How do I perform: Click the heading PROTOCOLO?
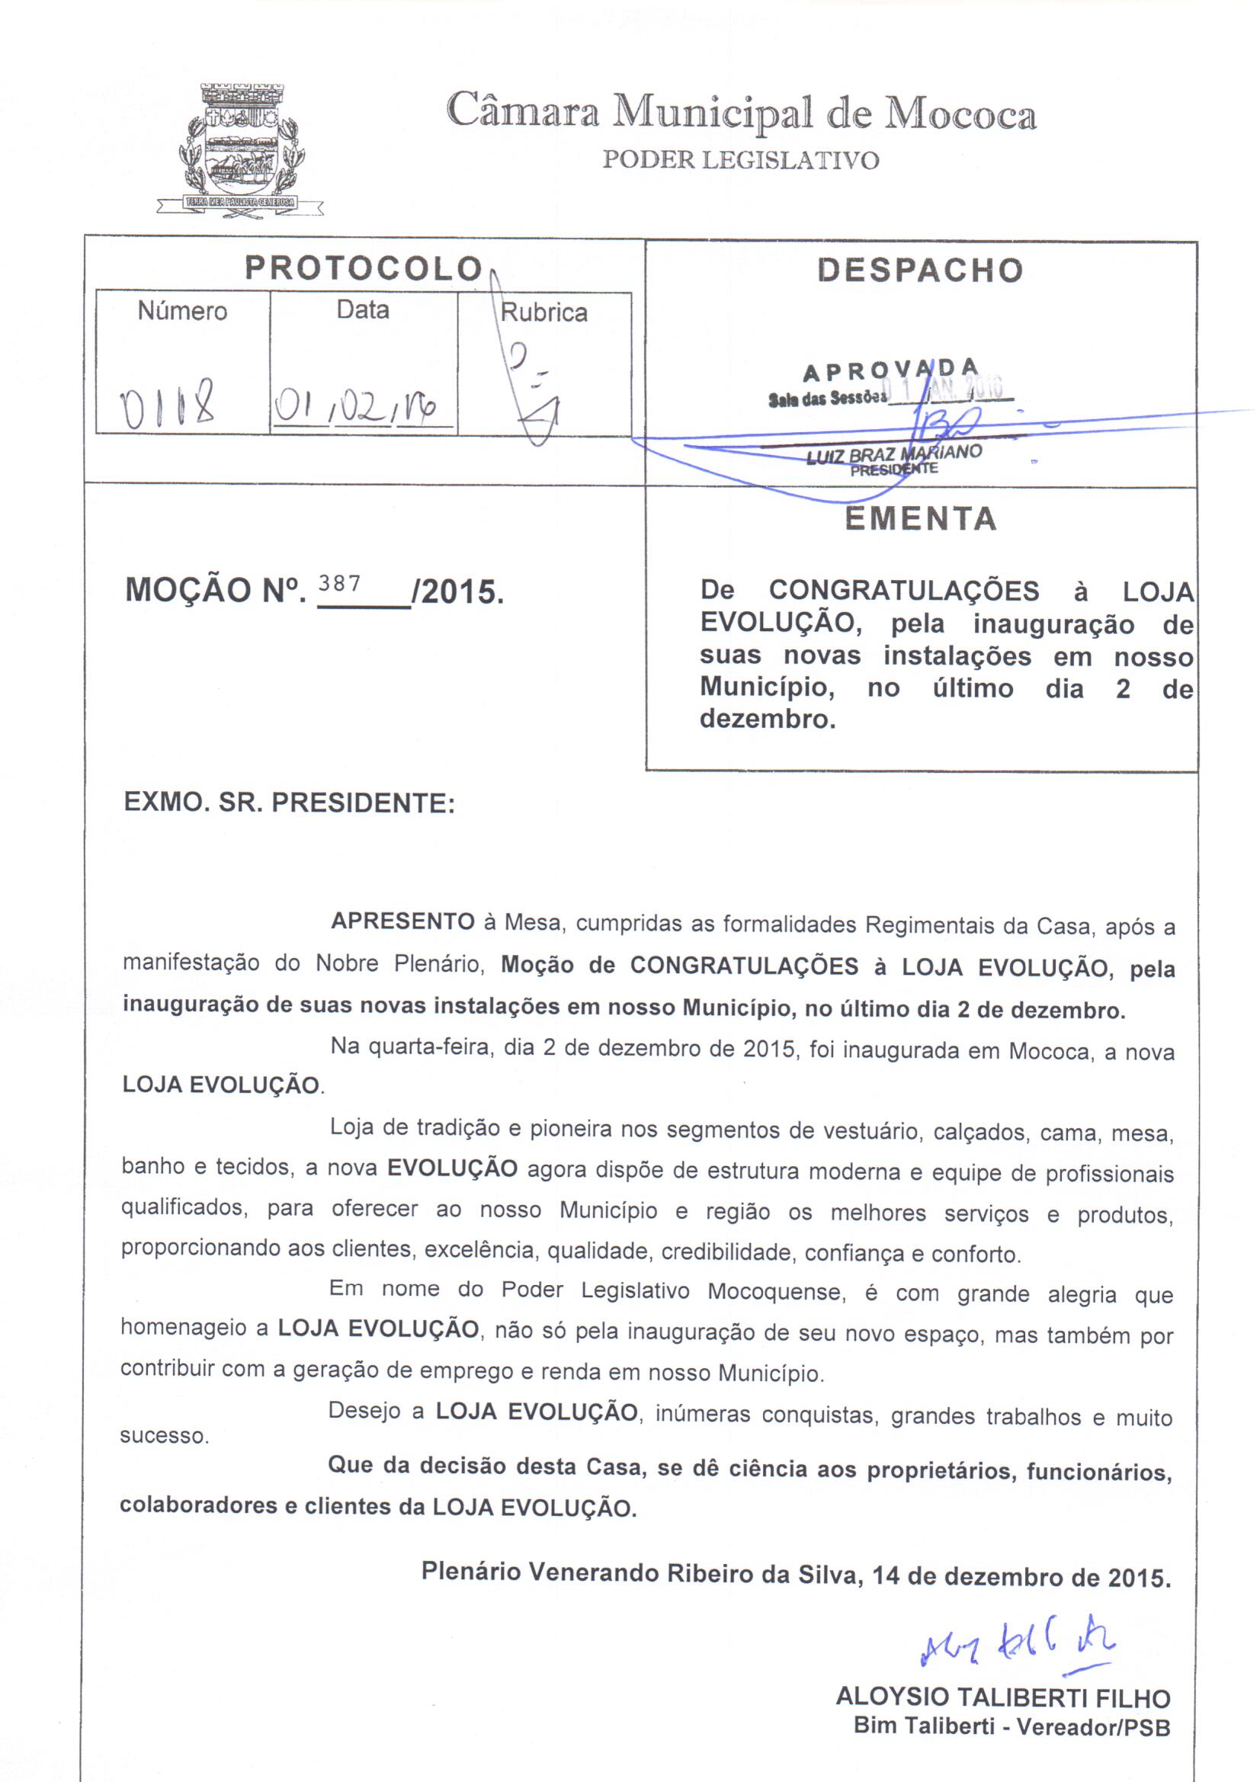tap(364, 268)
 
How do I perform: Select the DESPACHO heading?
tap(920, 269)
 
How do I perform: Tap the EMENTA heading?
tap(921, 519)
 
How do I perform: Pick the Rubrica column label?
tap(543, 312)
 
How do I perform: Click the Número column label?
tap(182, 311)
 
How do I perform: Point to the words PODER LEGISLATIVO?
tap(741, 161)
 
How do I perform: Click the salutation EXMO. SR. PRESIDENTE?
tap(289, 803)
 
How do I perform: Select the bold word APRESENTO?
tap(402, 922)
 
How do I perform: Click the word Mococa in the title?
tap(960, 114)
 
